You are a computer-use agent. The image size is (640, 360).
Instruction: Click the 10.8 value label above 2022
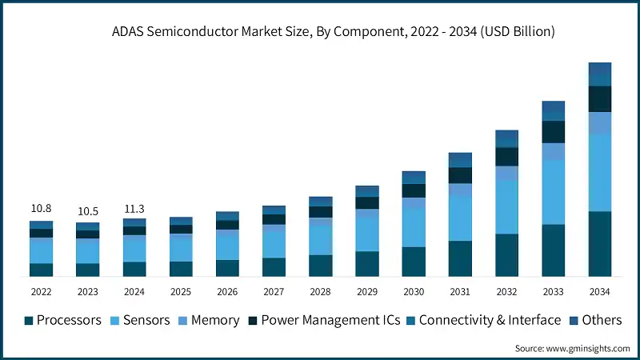41,209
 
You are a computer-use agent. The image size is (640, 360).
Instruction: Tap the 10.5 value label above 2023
87,211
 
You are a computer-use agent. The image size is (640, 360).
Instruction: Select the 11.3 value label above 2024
134,209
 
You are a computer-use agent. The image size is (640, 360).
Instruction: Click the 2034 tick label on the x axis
600,291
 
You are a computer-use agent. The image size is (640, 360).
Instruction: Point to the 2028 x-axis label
320,291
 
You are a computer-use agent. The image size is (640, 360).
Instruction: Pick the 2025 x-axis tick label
181,291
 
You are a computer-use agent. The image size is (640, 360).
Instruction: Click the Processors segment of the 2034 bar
600,244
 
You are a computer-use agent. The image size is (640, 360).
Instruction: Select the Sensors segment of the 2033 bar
554,192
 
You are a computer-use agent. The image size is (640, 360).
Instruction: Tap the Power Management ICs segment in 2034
600,99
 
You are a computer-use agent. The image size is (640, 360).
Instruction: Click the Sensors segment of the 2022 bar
41,250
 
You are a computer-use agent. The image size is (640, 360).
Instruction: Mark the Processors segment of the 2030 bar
414,262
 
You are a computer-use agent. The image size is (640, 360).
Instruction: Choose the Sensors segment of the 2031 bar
460,218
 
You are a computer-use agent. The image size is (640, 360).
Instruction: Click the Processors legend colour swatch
29,320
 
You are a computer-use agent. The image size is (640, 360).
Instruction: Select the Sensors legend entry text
147,320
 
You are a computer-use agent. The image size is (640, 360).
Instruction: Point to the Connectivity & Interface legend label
490,320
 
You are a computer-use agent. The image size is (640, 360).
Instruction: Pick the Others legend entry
601,320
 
